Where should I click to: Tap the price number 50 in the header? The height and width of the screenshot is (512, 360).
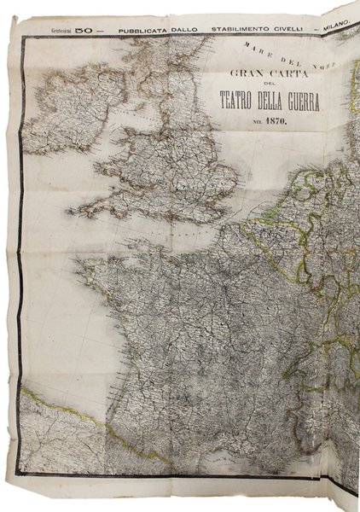coord(83,30)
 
